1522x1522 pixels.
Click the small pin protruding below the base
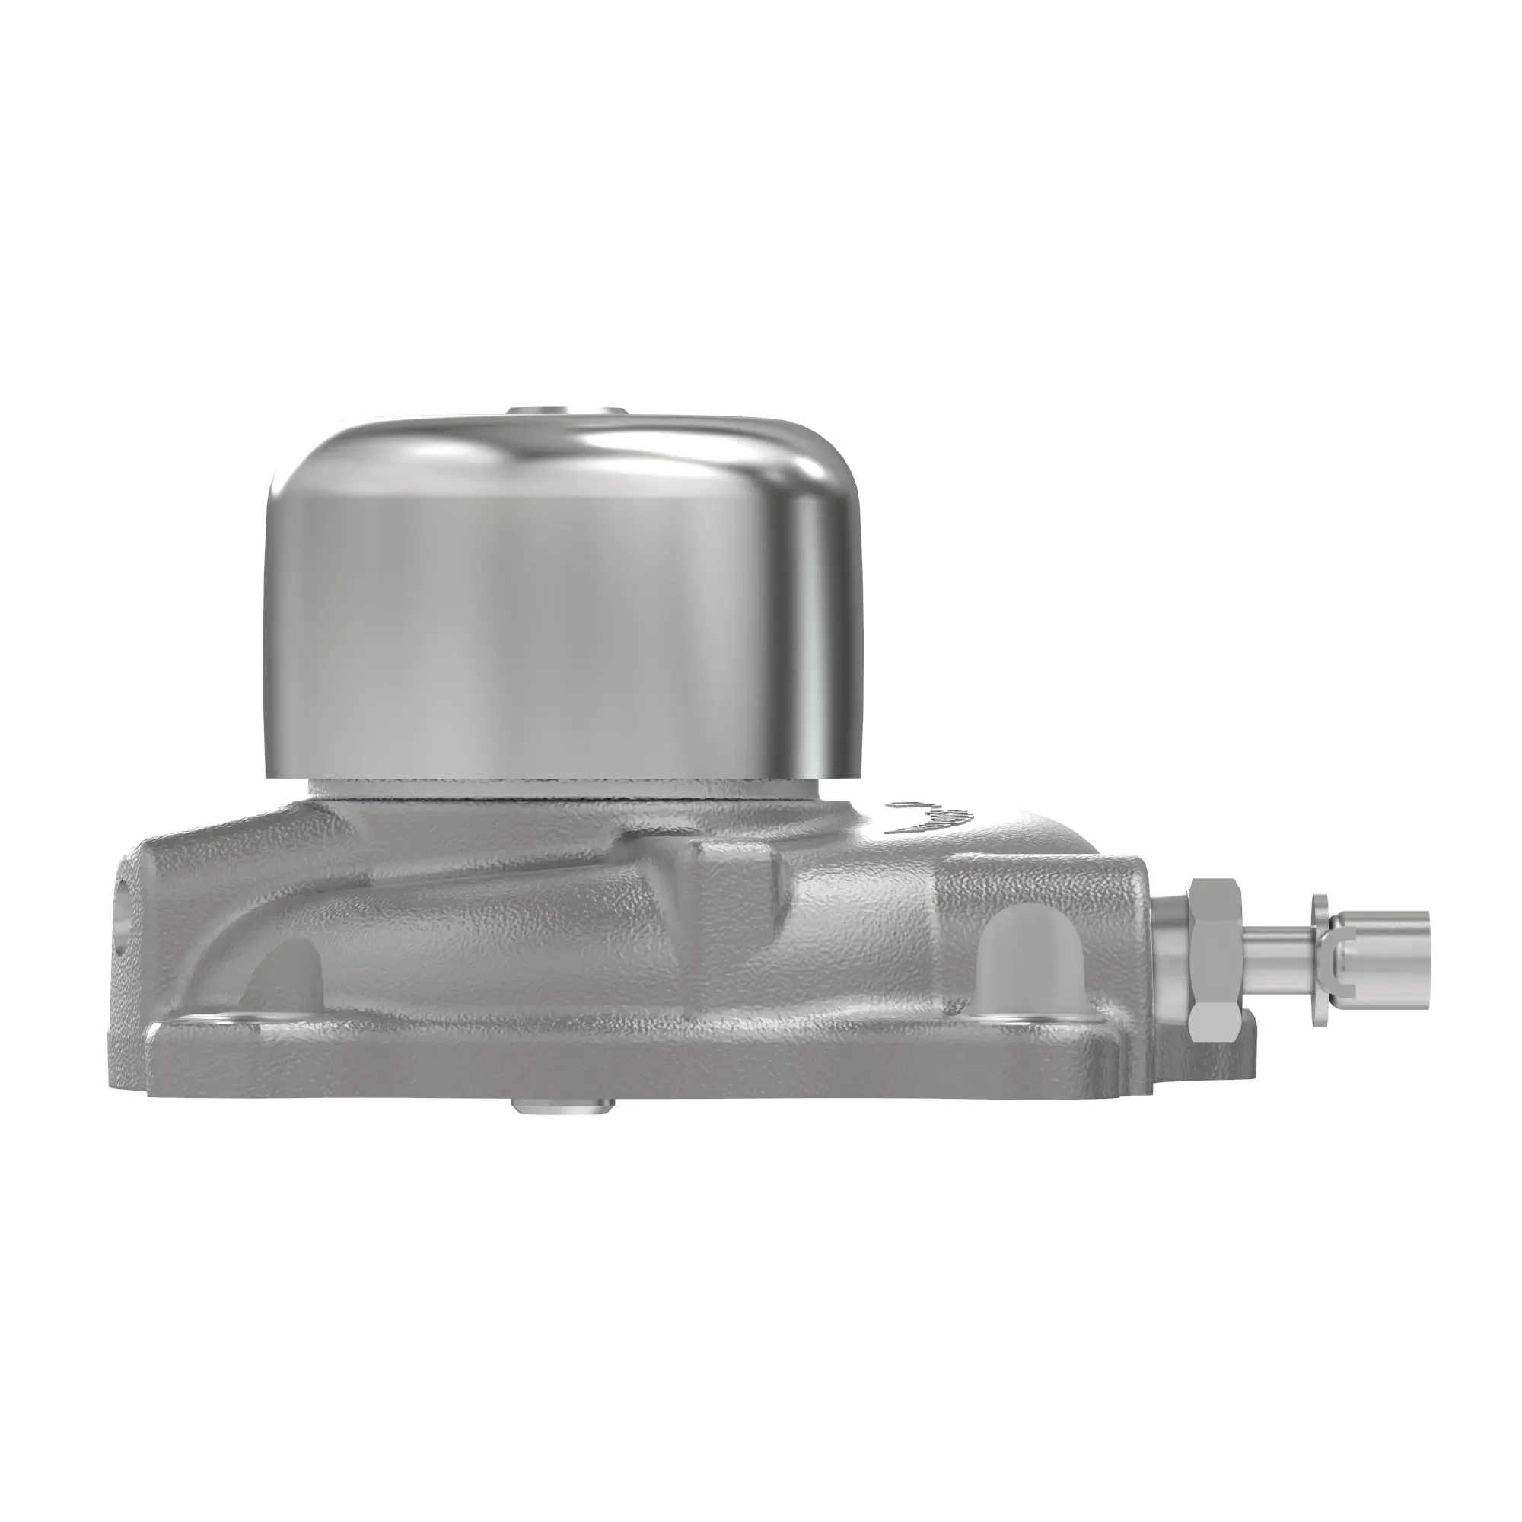(x=562, y=1106)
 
